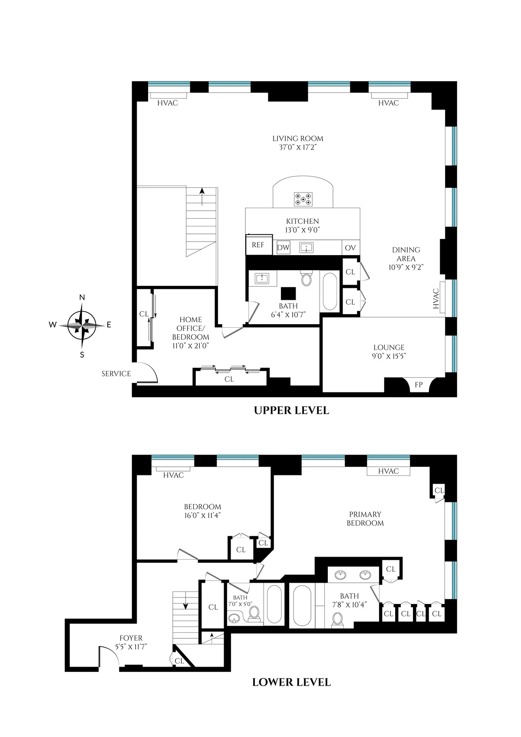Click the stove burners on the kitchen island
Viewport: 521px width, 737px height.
click(x=303, y=199)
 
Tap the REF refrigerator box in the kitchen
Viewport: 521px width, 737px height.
click(x=258, y=245)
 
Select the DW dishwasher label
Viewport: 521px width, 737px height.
click(x=283, y=248)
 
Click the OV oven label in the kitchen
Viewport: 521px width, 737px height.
click(x=350, y=248)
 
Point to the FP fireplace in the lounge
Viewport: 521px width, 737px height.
click(x=419, y=385)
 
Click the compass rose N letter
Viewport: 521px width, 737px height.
click(x=82, y=298)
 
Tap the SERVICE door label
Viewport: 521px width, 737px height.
click(x=116, y=374)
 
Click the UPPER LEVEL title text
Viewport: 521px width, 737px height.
click(x=291, y=410)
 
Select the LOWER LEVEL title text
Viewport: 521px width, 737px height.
click(x=291, y=682)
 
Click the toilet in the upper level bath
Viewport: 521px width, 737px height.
click(x=307, y=278)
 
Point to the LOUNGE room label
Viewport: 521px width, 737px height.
click(x=389, y=347)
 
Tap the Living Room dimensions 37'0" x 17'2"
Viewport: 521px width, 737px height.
click(x=298, y=147)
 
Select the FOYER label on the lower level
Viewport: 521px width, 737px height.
click(x=131, y=638)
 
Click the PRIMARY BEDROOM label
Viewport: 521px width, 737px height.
click(x=365, y=518)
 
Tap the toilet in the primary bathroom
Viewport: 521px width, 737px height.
click(x=338, y=619)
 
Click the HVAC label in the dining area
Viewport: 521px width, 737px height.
click(x=436, y=299)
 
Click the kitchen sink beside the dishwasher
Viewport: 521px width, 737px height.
click(x=307, y=248)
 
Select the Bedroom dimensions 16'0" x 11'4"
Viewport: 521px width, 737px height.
click(x=203, y=515)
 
